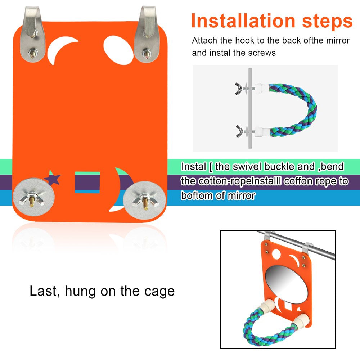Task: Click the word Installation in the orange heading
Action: pyautogui.click(x=243, y=21)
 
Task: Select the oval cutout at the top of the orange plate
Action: pyautogui.click(x=118, y=50)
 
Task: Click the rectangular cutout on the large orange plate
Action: pyautogui.click(x=87, y=182)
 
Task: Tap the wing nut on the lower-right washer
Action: pyautogui.click(x=144, y=201)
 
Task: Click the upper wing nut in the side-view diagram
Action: pyautogui.click(x=238, y=89)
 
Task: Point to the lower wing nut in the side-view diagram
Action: pyautogui.click(x=239, y=131)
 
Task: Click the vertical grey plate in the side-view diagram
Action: pyautogui.click(x=250, y=108)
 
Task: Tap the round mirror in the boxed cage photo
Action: pyautogui.click(x=286, y=284)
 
